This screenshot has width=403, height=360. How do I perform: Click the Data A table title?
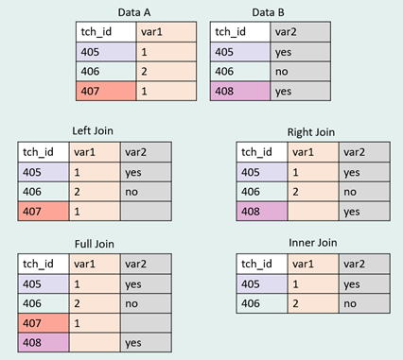pos(134,12)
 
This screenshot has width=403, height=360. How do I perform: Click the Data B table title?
pos(268,12)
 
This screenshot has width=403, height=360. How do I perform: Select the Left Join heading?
pos(93,130)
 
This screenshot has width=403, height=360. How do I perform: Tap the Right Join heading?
pos(311,132)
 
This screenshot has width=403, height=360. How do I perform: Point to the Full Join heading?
pos(95,244)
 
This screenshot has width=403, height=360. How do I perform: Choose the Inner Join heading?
pos(313,243)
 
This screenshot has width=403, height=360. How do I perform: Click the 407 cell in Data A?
pos(106,91)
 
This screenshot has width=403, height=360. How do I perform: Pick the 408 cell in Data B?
pos(240,91)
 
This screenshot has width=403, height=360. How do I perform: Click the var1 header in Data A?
pos(166,32)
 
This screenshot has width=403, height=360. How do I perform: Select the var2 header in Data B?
pos(301,32)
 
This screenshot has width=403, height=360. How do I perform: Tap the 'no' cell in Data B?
pos(301,72)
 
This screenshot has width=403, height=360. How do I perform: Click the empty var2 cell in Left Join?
pos(146,212)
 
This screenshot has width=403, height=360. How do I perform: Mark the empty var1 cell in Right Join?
pos(313,212)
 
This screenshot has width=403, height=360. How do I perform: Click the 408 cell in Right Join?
pos(262,212)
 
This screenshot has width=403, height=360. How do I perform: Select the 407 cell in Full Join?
pos(44,323)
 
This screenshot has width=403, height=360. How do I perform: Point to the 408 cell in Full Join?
pos(44,343)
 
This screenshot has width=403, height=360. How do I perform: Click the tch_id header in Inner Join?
pos(262,264)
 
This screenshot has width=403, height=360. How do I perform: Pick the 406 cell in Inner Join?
pos(262,303)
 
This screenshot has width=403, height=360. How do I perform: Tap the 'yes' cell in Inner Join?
pos(364,284)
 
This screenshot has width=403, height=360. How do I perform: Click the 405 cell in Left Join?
pos(44,172)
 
